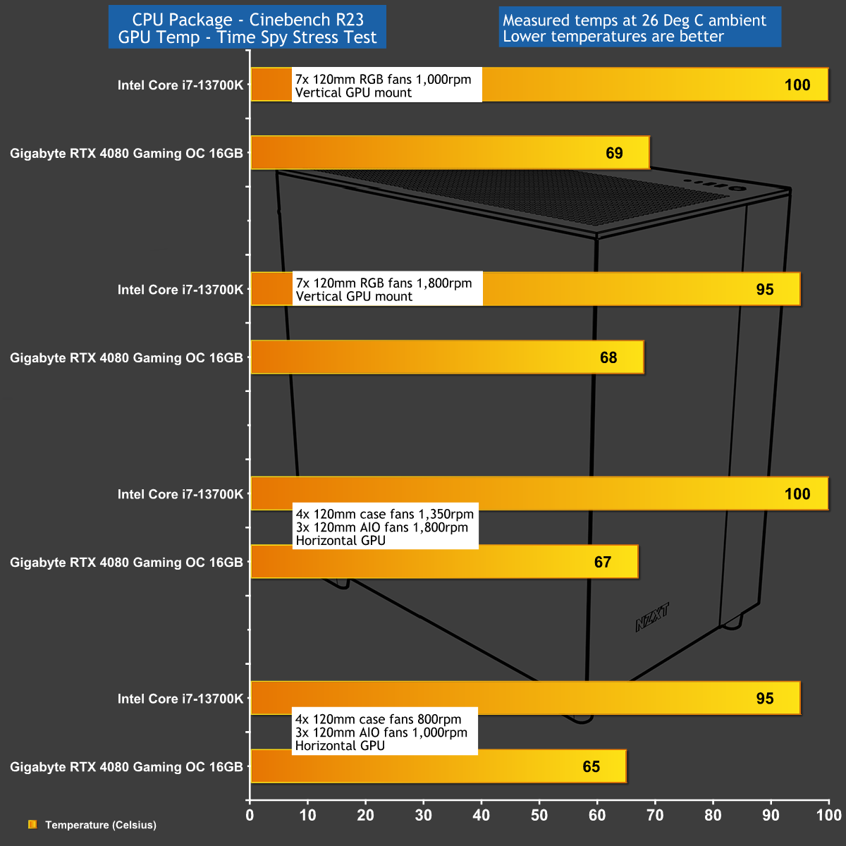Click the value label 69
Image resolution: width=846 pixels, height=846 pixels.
pyautogui.click(x=614, y=153)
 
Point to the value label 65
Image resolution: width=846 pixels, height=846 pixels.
pyautogui.click(x=591, y=766)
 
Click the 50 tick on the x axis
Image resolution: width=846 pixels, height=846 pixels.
pyautogui.click(x=539, y=814)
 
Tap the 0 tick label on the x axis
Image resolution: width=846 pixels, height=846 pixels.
pyautogui.click(x=250, y=814)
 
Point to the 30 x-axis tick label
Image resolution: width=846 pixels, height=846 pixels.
pyautogui.click(x=423, y=814)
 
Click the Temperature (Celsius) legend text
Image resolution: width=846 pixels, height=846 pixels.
pyautogui.click(x=101, y=825)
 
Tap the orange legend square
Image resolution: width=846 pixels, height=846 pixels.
pyautogui.click(x=32, y=824)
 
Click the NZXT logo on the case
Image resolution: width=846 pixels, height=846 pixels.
pyautogui.click(x=652, y=618)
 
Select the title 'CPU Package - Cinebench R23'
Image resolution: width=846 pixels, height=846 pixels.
pyautogui.click(x=247, y=19)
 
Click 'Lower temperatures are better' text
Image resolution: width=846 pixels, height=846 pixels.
pyautogui.click(x=613, y=37)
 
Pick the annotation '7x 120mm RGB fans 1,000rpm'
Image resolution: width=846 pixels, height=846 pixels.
pyautogui.click(x=384, y=79)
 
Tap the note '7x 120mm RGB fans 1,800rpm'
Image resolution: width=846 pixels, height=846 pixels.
pyautogui.click(x=384, y=283)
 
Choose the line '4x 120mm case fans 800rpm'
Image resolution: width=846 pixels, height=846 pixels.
pyautogui.click(x=379, y=719)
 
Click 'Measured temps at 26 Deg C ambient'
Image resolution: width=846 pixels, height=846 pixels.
pyautogui.click(x=634, y=20)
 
